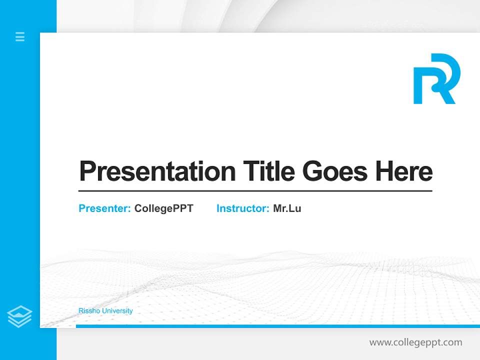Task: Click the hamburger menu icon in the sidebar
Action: coord(20,36)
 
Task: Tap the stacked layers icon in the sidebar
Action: coord(19,316)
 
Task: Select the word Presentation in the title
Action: coord(157,171)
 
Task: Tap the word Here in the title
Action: coord(404,171)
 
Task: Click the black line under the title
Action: coord(255,190)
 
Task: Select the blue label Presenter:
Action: coord(104,208)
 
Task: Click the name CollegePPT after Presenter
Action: coord(163,208)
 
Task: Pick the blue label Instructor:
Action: coord(242,208)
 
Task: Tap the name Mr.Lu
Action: coord(287,208)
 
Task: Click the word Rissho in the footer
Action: coord(88,310)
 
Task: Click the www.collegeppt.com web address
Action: coord(415,342)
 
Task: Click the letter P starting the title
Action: coord(88,171)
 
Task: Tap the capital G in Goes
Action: coord(313,171)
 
